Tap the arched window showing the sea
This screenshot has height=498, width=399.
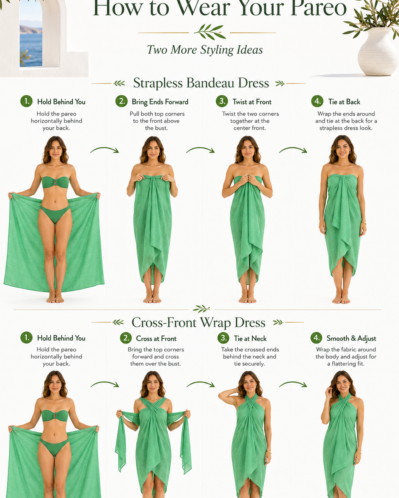(x=31, y=35)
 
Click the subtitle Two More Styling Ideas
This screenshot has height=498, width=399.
(x=205, y=50)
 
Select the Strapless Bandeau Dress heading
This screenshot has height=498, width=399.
(x=201, y=83)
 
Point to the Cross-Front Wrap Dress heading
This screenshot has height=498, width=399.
(x=198, y=323)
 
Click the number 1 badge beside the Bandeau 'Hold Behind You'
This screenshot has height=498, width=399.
(x=26, y=101)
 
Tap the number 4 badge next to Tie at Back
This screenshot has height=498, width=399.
(x=317, y=101)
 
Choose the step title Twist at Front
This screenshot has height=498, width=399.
(x=252, y=102)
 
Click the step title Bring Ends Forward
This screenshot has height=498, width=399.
(x=160, y=102)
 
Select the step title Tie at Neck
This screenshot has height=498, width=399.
(x=250, y=338)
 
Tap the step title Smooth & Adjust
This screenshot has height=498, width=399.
(x=351, y=338)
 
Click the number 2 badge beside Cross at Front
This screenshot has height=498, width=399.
(x=126, y=338)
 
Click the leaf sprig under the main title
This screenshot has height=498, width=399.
(x=210, y=32)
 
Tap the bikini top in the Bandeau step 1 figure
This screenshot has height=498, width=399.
(x=55, y=182)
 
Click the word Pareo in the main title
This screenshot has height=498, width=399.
(x=319, y=8)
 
